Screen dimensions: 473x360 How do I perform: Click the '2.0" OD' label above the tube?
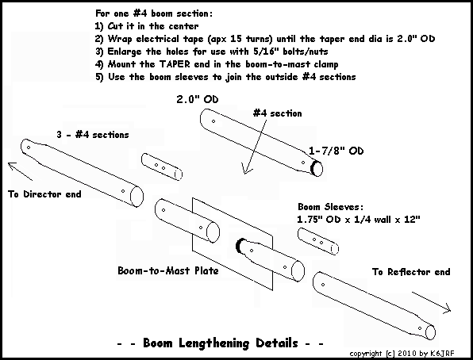click(198, 99)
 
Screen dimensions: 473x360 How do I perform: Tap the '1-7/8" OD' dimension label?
click(336, 151)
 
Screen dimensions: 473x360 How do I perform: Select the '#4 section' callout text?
click(277, 113)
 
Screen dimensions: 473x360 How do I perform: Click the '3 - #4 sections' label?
click(93, 135)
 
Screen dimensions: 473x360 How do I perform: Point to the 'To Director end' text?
click(44, 193)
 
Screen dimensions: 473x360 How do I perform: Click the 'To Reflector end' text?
click(411, 272)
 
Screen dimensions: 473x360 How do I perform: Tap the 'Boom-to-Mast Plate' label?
click(168, 270)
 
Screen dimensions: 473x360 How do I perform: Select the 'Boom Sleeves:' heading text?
click(331, 207)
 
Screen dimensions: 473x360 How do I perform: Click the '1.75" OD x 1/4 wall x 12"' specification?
click(359, 219)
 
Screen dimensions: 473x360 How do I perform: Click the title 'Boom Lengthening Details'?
click(221, 343)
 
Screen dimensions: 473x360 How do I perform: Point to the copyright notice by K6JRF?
click(402, 354)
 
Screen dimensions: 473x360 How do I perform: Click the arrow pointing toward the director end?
click(20, 171)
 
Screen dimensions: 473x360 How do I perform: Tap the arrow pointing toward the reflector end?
click(432, 302)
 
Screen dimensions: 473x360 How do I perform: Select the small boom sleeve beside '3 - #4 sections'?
click(162, 167)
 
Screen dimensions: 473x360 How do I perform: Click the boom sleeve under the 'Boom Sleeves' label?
click(318, 241)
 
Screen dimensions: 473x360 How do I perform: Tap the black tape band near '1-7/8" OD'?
click(314, 167)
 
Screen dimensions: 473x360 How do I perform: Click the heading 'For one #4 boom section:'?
click(154, 13)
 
